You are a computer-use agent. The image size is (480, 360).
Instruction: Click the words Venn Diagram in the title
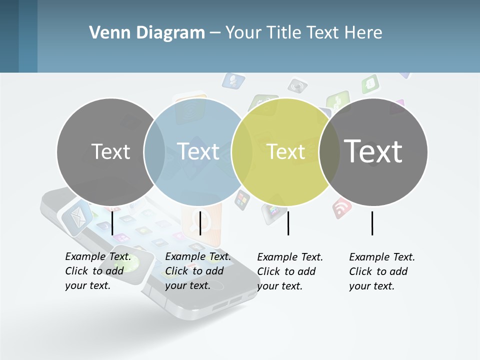coord(147,33)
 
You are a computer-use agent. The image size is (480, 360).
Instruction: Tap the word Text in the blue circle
coord(198,151)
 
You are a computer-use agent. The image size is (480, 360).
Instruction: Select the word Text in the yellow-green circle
coord(286,151)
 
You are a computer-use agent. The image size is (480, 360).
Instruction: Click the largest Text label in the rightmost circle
coord(373,151)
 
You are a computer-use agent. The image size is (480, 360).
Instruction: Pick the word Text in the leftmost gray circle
coord(111,151)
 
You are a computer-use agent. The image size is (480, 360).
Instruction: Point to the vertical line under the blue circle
coord(200,223)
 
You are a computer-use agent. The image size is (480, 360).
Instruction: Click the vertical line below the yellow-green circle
coord(288,223)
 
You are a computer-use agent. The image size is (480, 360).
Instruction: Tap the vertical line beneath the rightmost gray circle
coord(372,223)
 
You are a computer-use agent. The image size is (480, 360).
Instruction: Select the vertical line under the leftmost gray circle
coord(112,223)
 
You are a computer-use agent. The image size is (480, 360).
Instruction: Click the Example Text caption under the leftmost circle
coord(98,270)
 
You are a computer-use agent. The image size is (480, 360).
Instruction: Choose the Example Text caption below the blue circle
coord(198,270)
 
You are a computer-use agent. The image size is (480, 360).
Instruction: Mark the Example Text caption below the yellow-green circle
coord(290,271)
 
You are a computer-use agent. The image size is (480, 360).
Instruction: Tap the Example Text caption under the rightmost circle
coord(382,271)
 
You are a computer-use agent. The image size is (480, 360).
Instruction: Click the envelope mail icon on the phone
coord(77,217)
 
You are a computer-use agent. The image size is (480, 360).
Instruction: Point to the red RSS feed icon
coord(342,207)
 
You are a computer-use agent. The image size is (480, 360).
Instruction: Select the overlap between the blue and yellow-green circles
coord(242,151)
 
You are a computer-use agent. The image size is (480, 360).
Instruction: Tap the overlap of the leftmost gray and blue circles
coord(154,151)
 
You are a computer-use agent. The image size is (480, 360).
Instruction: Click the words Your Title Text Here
coord(303,33)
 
